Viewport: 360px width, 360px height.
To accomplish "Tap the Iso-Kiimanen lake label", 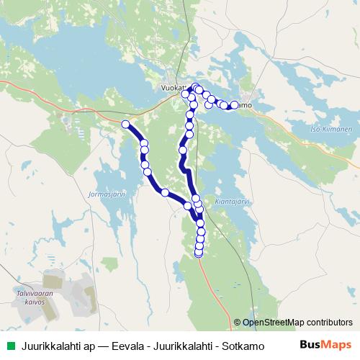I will [332, 130].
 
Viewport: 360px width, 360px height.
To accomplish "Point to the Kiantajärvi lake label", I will [232, 202].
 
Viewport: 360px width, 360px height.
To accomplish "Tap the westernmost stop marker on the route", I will [126, 125].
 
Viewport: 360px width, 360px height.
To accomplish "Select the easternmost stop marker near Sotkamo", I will [234, 106].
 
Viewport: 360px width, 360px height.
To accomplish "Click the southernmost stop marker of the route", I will [199, 253].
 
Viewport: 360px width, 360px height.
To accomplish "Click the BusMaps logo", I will [325, 345].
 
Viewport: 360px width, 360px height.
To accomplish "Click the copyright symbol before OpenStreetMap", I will [237, 323].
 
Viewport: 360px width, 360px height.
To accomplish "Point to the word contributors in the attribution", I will [328, 323].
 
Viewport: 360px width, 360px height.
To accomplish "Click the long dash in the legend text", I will [104, 346].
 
